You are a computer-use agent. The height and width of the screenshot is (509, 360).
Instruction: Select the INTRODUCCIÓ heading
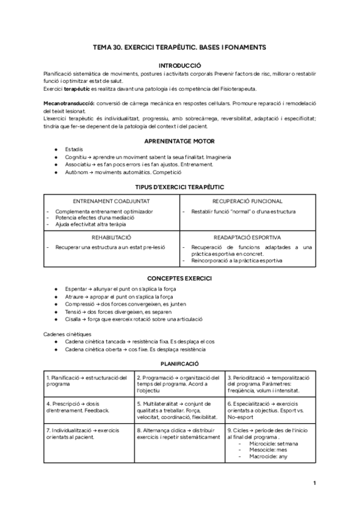(x=180, y=64)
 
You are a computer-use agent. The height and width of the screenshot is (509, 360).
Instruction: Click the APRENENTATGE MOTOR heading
(x=180, y=140)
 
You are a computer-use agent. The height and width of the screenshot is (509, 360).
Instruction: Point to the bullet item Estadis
(x=74, y=149)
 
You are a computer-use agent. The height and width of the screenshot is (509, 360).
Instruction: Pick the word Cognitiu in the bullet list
(x=77, y=157)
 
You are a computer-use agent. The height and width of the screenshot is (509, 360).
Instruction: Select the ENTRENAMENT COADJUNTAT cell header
(x=112, y=201)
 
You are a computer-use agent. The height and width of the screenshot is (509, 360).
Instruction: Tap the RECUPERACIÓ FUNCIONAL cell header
(x=248, y=201)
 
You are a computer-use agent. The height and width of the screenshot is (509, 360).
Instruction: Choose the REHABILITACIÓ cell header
(x=112, y=237)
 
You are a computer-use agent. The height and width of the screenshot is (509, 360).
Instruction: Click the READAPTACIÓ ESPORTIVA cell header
(x=248, y=237)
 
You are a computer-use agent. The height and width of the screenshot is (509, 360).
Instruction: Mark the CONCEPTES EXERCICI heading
(x=180, y=279)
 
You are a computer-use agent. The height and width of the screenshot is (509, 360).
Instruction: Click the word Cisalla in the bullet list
(x=74, y=319)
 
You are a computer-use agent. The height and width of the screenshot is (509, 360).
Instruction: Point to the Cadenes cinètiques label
(x=67, y=334)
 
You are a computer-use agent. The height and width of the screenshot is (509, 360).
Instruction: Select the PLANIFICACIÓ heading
(x=180, y=364)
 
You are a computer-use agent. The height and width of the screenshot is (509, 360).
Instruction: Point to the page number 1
(x=315, y=482)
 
